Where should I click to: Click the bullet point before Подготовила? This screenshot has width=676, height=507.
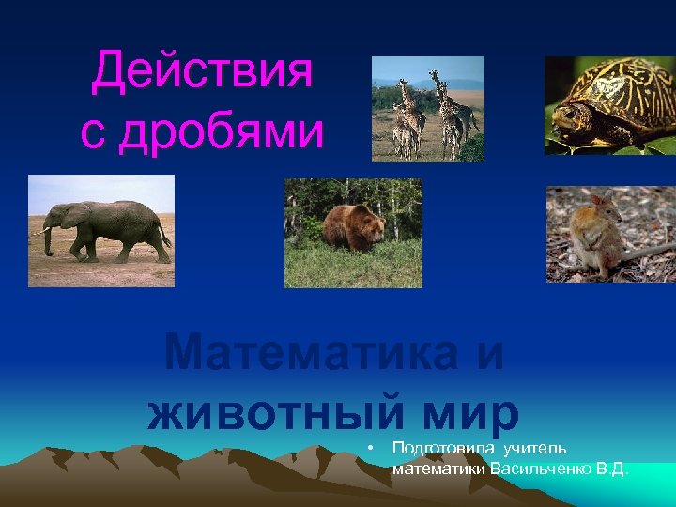click(372, 447)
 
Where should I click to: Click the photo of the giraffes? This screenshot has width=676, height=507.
click(427, 109)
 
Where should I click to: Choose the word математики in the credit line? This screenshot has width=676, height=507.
click(438, 468)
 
